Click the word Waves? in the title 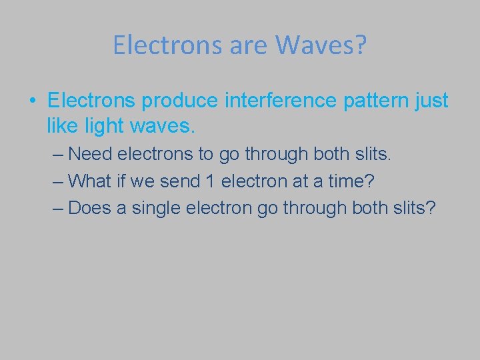pos(321,45)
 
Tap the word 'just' pos(431,101)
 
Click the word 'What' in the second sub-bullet pos(89,181)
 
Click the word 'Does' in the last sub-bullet pos(89,207)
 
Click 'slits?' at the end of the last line pos(415,207)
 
